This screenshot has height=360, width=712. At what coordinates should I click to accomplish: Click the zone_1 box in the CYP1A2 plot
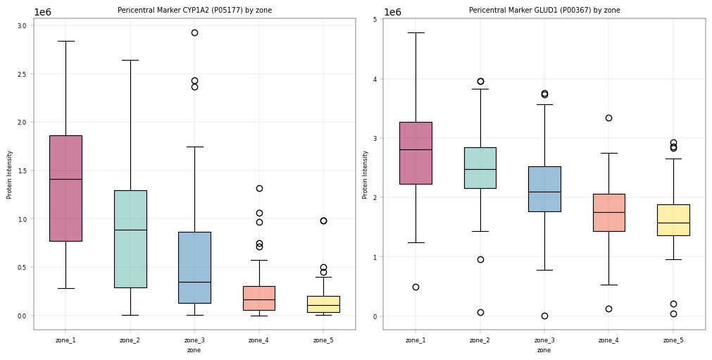65,188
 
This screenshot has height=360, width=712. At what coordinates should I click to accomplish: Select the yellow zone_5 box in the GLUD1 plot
673,220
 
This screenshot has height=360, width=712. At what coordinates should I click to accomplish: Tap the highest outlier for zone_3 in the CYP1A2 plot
195,32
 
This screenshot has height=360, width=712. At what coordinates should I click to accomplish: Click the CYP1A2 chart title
195,10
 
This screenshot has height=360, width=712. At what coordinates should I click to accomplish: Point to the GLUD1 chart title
544,10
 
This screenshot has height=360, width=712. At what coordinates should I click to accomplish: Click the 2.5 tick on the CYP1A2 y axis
21,74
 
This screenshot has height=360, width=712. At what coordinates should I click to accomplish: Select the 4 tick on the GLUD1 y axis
375,79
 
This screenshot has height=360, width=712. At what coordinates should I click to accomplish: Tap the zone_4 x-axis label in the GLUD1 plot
608,340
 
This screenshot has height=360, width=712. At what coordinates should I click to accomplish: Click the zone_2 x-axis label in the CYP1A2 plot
130,340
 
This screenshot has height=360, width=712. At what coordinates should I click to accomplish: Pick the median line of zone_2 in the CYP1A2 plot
130,230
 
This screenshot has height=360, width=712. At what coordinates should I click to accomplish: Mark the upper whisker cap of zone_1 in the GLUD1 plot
416,32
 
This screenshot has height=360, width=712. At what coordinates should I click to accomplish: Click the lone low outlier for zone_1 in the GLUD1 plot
416,287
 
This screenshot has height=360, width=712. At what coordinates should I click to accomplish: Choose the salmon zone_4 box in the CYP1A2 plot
259,298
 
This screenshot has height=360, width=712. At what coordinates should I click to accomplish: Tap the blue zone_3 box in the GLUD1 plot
544,189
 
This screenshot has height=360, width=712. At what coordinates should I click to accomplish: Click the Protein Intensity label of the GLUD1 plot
365,175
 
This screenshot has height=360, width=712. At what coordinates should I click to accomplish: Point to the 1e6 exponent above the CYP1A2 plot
43,12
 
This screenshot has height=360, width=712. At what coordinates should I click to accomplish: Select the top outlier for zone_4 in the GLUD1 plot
609,118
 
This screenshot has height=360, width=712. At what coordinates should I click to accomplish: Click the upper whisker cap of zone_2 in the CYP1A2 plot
130,60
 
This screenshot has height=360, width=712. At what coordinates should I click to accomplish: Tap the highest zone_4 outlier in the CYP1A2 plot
259,188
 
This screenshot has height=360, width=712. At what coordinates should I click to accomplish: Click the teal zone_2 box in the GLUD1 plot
480,168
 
